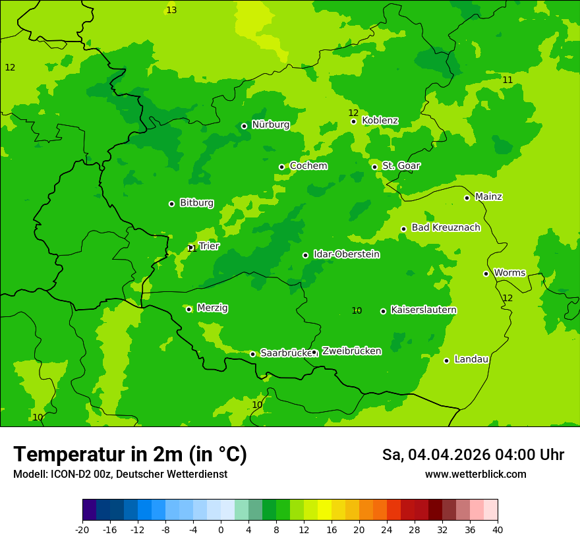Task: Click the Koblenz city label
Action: click(380, 121)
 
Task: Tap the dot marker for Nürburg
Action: click(244, 126)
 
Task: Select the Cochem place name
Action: click(308, 166)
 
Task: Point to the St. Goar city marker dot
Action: click(374, 167)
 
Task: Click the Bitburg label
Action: click(196, 203)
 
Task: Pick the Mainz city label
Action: click(488, 196)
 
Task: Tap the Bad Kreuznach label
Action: click(446, 227)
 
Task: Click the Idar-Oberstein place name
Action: click(346, 254)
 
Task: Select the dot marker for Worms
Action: click(486, 273)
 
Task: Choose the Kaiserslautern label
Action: click(424, 310)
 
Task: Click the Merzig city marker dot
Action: click(188, 309)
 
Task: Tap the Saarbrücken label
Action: click(285, 353)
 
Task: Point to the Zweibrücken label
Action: click(351, 351)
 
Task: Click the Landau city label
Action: click(471, 359)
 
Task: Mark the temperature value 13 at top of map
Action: click(171, 10)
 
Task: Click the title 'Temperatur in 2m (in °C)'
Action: click(130, 454)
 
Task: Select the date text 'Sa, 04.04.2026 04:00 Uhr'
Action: click(473, 455)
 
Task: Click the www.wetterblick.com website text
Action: click(475, 474)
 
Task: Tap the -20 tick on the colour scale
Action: click(82, 530)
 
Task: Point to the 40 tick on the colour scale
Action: click(498, 530)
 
